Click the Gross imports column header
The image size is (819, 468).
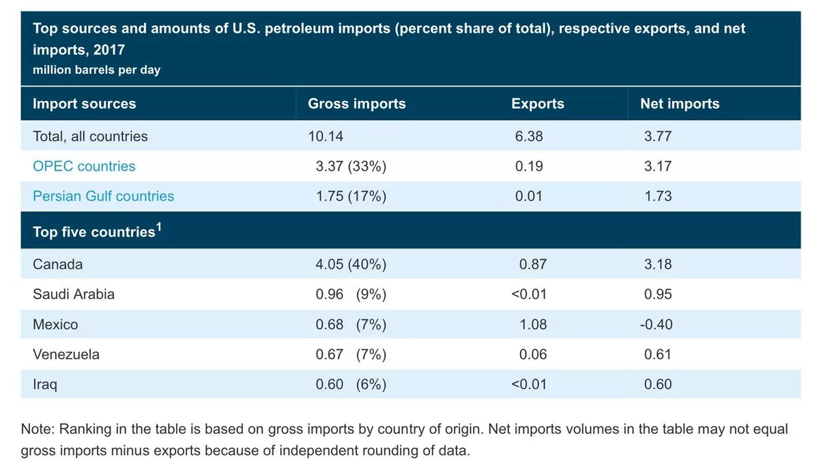pos(357,104)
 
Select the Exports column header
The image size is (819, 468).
pos(538,104)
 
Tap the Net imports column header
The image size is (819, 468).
pos(680,104)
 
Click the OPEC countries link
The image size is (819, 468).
pos(84,166)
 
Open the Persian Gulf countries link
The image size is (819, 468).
pos(103,196)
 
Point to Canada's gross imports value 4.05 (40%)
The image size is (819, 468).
pos(351,264)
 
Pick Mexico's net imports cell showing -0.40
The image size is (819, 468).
pos(657,324)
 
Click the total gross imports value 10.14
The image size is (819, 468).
pos(326,136)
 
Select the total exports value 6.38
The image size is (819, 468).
pos(530,136)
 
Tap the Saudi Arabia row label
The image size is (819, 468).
pos(74,294)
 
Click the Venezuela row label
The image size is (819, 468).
pos(66,354)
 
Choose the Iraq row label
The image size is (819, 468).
pos(45,384)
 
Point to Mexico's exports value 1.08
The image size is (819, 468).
pos(533,324)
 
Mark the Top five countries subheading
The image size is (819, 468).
pos(94,232)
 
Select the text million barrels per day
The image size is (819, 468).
pos(96,70)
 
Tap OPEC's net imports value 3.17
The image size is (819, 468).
pos(658,166)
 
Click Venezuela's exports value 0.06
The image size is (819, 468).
pos(533,354)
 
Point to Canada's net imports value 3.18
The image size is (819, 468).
pos(658,264)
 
